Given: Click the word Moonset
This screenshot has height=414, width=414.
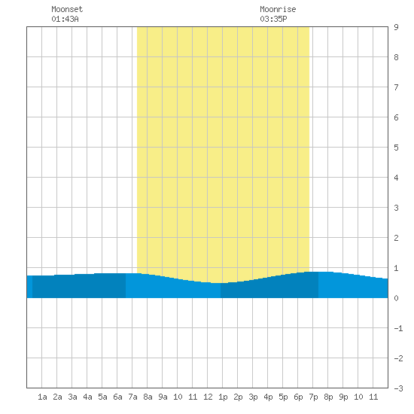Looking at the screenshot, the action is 67,9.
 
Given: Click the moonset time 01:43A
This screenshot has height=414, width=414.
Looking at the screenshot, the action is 65,19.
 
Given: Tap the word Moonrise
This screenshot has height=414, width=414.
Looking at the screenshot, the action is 278,9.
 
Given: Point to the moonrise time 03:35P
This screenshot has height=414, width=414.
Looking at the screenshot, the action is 273,19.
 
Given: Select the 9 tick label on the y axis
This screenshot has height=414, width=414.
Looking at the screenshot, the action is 396,27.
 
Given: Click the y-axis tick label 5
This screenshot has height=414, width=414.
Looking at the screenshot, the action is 396,148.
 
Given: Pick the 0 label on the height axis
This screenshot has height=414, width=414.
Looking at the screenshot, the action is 396,298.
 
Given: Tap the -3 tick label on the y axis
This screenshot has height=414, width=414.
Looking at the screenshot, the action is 398,388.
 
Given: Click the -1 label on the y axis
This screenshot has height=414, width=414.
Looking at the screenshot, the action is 398,328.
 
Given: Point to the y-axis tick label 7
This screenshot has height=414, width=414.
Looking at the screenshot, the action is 396,87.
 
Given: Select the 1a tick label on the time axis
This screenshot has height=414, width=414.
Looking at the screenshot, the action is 42,397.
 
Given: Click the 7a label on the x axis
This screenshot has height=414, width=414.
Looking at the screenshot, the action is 132,397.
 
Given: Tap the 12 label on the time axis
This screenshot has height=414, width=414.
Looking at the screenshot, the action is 208,397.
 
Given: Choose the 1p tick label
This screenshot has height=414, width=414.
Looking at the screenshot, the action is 223,397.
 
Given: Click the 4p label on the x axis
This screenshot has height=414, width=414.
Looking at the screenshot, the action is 268,397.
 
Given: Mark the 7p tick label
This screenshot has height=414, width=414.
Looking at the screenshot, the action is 313,397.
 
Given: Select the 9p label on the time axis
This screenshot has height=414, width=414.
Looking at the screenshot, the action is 343,397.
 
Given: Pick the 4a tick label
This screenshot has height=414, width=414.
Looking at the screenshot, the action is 87,397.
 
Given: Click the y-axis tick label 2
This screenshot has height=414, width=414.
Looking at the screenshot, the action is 396,238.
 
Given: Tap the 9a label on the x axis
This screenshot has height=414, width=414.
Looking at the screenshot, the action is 163,397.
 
